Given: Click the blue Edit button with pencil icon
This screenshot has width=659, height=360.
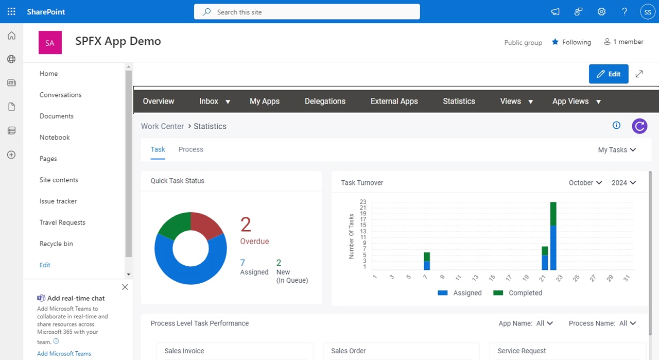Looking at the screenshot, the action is [x=609, y=74].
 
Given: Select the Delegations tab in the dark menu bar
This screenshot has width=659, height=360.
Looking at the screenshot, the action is [x=325, y=101].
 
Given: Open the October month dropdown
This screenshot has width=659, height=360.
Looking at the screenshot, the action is [x=585, y=183].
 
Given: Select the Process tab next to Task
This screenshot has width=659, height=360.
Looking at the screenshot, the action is [x=190, y=149].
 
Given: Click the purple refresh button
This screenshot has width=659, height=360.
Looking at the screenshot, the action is [x=639, y=126].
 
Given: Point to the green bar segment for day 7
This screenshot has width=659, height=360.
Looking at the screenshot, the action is [x=427, y=256].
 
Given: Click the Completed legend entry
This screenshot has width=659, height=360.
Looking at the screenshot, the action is [x=517, y=293].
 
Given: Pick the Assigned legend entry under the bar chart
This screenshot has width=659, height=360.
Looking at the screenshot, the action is [x=460, y=293].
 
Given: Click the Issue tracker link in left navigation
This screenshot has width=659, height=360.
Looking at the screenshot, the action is [x=58, y=201].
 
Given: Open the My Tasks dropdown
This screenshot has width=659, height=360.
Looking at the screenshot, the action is [x=617, y=150].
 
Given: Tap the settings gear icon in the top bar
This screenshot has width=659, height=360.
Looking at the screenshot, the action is [x=601, y=12].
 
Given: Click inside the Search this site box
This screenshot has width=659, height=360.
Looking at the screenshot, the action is [x=307, y=12].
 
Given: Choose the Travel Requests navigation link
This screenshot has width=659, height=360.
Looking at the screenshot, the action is [x=62, y=222].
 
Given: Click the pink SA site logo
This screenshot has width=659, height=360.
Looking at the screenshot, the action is [x=50, y=42].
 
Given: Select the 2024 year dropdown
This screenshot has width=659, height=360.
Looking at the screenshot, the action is [x=623, y=183].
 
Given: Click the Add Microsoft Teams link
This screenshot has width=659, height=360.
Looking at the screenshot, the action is [x=64, y=353].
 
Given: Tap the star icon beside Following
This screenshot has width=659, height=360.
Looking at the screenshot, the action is [x=555, y=42].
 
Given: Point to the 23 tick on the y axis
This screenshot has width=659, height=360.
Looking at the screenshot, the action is [x=363, y=202].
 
